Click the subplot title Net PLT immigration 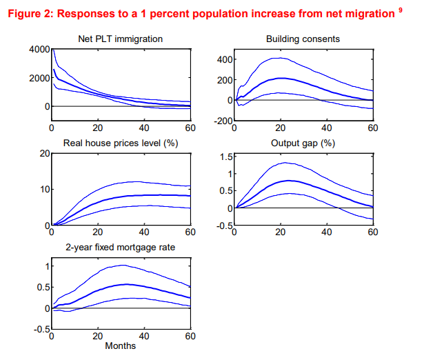[121, 39]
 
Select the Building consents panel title [303, 39]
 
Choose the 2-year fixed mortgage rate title [121, 248]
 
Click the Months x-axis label [121, 346]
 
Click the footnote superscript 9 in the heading [401, 9]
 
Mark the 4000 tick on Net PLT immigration [38, 49]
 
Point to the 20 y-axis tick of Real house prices [43, 153]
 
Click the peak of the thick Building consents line [280, 79]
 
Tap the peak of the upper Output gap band [283, 163]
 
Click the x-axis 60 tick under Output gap [372, 232]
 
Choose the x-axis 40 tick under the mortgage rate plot [144, 337]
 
